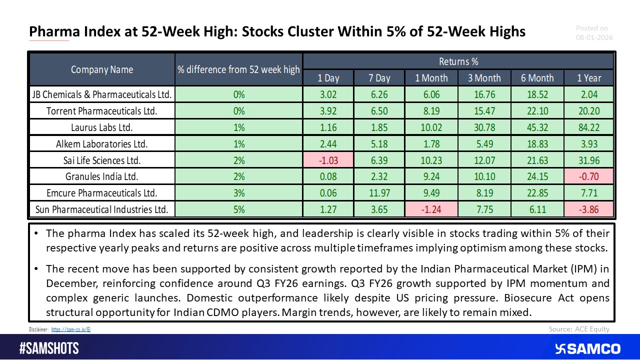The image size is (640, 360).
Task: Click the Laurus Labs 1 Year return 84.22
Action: [x=588, y=127]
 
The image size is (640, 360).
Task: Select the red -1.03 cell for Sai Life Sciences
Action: [x=328, y=160]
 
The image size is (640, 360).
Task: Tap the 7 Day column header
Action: [x=379, y=77]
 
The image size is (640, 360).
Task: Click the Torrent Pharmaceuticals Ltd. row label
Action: [x=102, y=111]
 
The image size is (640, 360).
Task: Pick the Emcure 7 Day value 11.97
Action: [x=379, y=193]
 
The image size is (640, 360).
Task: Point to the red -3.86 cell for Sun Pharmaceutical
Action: [x=588, y=209]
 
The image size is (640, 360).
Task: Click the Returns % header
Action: [x=458, y=61]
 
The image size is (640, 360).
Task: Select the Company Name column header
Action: [x=102, y=69]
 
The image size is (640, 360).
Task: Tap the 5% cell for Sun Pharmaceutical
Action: [x=238, y=209]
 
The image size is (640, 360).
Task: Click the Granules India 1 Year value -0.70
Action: [x=588, y=176]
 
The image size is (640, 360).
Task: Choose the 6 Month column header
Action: [x=537, y=77]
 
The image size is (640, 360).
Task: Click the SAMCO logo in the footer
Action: [x=587, y=348]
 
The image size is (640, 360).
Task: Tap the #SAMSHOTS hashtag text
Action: [x=49, y=348]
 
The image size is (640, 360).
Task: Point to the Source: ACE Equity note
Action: [x=579, y=329]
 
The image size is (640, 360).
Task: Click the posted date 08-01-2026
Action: [x=594, y=37]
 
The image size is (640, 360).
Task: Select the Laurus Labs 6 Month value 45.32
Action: [x=537, y=127]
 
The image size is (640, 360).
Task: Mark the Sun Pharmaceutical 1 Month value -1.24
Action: [x=431, y=209]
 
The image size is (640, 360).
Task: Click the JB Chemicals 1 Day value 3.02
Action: [x=328, y=94]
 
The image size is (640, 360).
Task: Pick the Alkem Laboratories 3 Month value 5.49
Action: [x=484, y=144]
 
